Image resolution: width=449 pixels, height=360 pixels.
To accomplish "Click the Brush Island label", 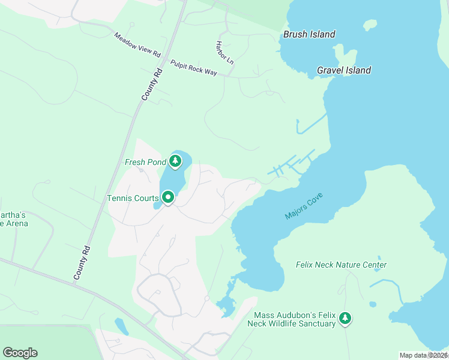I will tap(309, 34).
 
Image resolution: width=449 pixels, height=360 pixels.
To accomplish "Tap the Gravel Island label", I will tap(343, 70).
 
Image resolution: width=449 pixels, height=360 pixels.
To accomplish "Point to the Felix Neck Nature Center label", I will tap(341, 265).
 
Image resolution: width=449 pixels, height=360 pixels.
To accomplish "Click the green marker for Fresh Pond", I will tap(175, 161).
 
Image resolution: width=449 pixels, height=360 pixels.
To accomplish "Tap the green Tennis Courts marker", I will tap(169, 197).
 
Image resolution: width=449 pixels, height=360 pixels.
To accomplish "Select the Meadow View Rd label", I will tap(138, 45).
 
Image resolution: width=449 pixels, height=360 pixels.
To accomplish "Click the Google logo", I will tap(20, 353).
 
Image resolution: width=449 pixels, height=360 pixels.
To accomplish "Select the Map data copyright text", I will tap(423, 355).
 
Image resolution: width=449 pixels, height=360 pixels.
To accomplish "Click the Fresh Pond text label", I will tap(145, 162).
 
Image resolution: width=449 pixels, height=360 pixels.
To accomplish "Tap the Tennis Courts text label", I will tap(133, 198).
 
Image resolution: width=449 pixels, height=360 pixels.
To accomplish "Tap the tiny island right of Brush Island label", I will tap(370, 25).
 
